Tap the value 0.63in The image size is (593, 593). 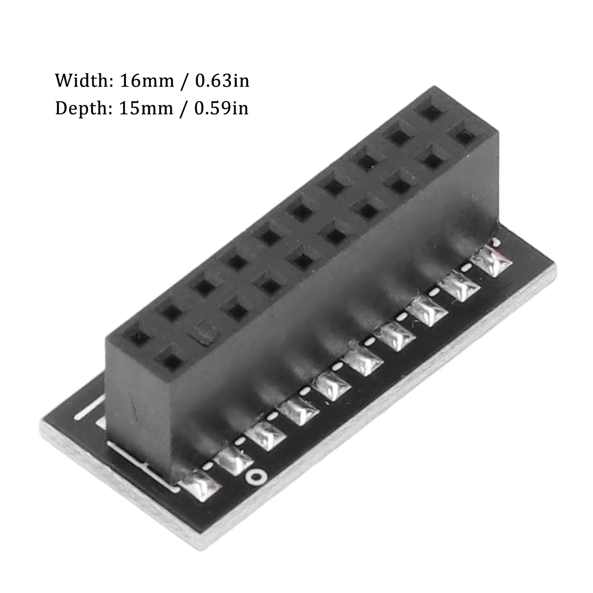click(222, 80)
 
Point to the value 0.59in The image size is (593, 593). click(221, 108)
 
